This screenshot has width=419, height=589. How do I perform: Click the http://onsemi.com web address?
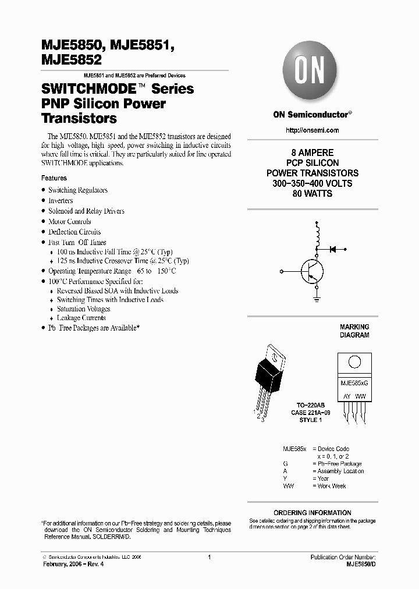point(313,130)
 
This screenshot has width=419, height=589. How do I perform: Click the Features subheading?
point(54,178)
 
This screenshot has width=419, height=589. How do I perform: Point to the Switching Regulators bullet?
point(77,190)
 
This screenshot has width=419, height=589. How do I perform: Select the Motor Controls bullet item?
point(69,222)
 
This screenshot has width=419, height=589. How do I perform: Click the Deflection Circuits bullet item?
point(74,232)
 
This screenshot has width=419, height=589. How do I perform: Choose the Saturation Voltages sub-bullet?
point(83,309)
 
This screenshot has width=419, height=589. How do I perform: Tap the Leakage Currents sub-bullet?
point(81,318)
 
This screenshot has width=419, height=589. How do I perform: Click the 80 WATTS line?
point(313,194)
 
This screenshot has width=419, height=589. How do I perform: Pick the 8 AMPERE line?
point(313,153)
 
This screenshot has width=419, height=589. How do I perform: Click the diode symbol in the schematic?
point(333,249)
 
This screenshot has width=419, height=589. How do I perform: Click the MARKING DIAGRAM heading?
point(354,331)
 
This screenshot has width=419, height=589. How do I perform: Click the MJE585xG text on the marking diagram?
point(354,385)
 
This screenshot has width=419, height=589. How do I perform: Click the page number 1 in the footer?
point(209,557)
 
